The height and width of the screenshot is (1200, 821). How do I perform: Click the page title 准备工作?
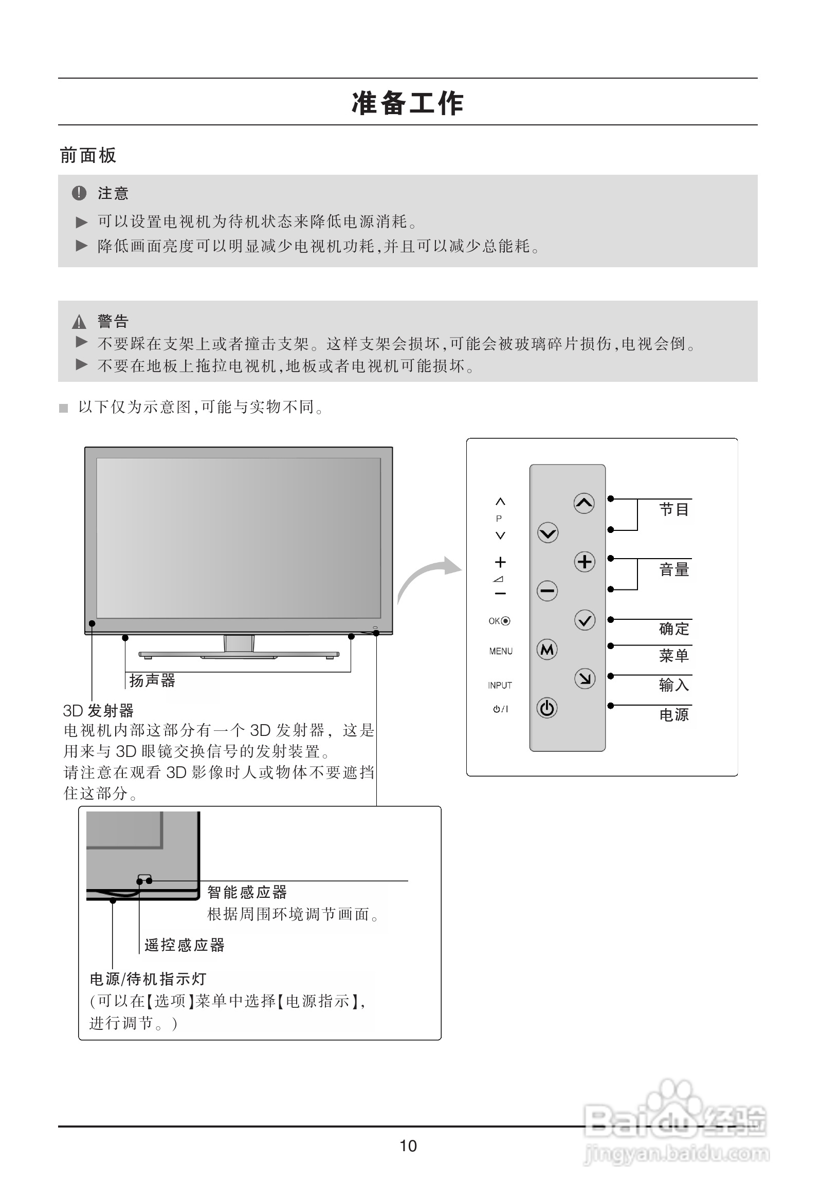408,103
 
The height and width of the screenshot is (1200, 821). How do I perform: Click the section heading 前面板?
88,155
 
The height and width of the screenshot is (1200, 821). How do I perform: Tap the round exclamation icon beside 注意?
79,193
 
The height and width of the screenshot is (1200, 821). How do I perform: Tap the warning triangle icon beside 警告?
79,322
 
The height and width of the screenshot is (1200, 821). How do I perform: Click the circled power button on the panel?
547,708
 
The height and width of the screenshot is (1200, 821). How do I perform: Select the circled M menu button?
547,649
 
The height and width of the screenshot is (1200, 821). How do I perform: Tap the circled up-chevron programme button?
585,503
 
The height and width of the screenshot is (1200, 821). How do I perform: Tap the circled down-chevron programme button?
548,532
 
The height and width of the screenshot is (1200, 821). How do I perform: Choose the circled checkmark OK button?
585,620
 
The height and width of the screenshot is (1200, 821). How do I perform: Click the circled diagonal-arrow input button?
585,678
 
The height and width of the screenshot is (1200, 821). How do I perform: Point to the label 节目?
674,510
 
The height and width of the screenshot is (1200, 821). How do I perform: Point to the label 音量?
674,569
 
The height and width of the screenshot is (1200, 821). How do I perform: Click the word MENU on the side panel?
501,651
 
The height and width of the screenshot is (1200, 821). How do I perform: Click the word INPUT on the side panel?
500,685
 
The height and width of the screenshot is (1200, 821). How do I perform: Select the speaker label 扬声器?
152,680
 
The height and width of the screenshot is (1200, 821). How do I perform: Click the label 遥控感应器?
185,945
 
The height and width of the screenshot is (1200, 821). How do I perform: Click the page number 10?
408,1146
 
